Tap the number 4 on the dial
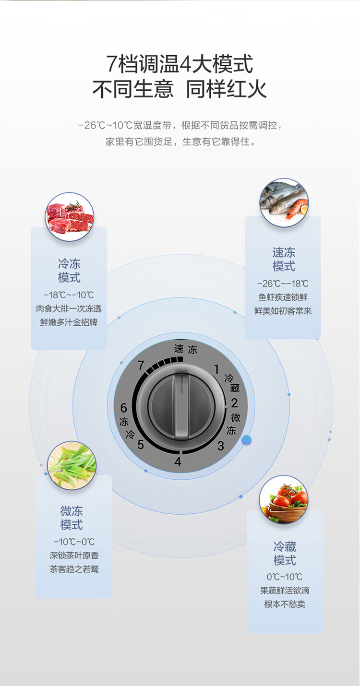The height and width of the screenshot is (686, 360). (x=178, y=462)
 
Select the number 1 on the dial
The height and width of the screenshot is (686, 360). (x=216, y=369)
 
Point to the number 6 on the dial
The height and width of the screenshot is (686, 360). (x=123, y=408)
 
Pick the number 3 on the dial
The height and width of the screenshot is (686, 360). (x=220, y=446)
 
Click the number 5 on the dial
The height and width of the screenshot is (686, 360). (x=141, y=445)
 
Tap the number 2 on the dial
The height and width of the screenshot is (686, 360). (x=234, y=403)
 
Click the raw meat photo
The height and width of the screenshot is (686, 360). (x=70, y=217)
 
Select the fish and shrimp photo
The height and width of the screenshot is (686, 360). (x=284, y=202)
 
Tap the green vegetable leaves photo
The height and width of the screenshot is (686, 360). (x=72, y=465)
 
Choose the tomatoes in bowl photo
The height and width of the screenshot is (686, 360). (x=284, y=500)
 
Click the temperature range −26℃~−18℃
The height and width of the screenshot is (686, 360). (x=283, y=284)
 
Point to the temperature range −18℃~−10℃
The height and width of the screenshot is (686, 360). (x=69, y=295)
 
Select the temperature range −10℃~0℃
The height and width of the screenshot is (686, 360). (x=74, y=542)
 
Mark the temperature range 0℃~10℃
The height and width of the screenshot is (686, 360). (x=285, y=577)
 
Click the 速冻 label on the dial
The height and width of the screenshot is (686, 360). (x=186, y=349)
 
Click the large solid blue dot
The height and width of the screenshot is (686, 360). (x=247, y=440)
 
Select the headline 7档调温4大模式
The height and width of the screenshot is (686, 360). (x=180, y=64)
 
